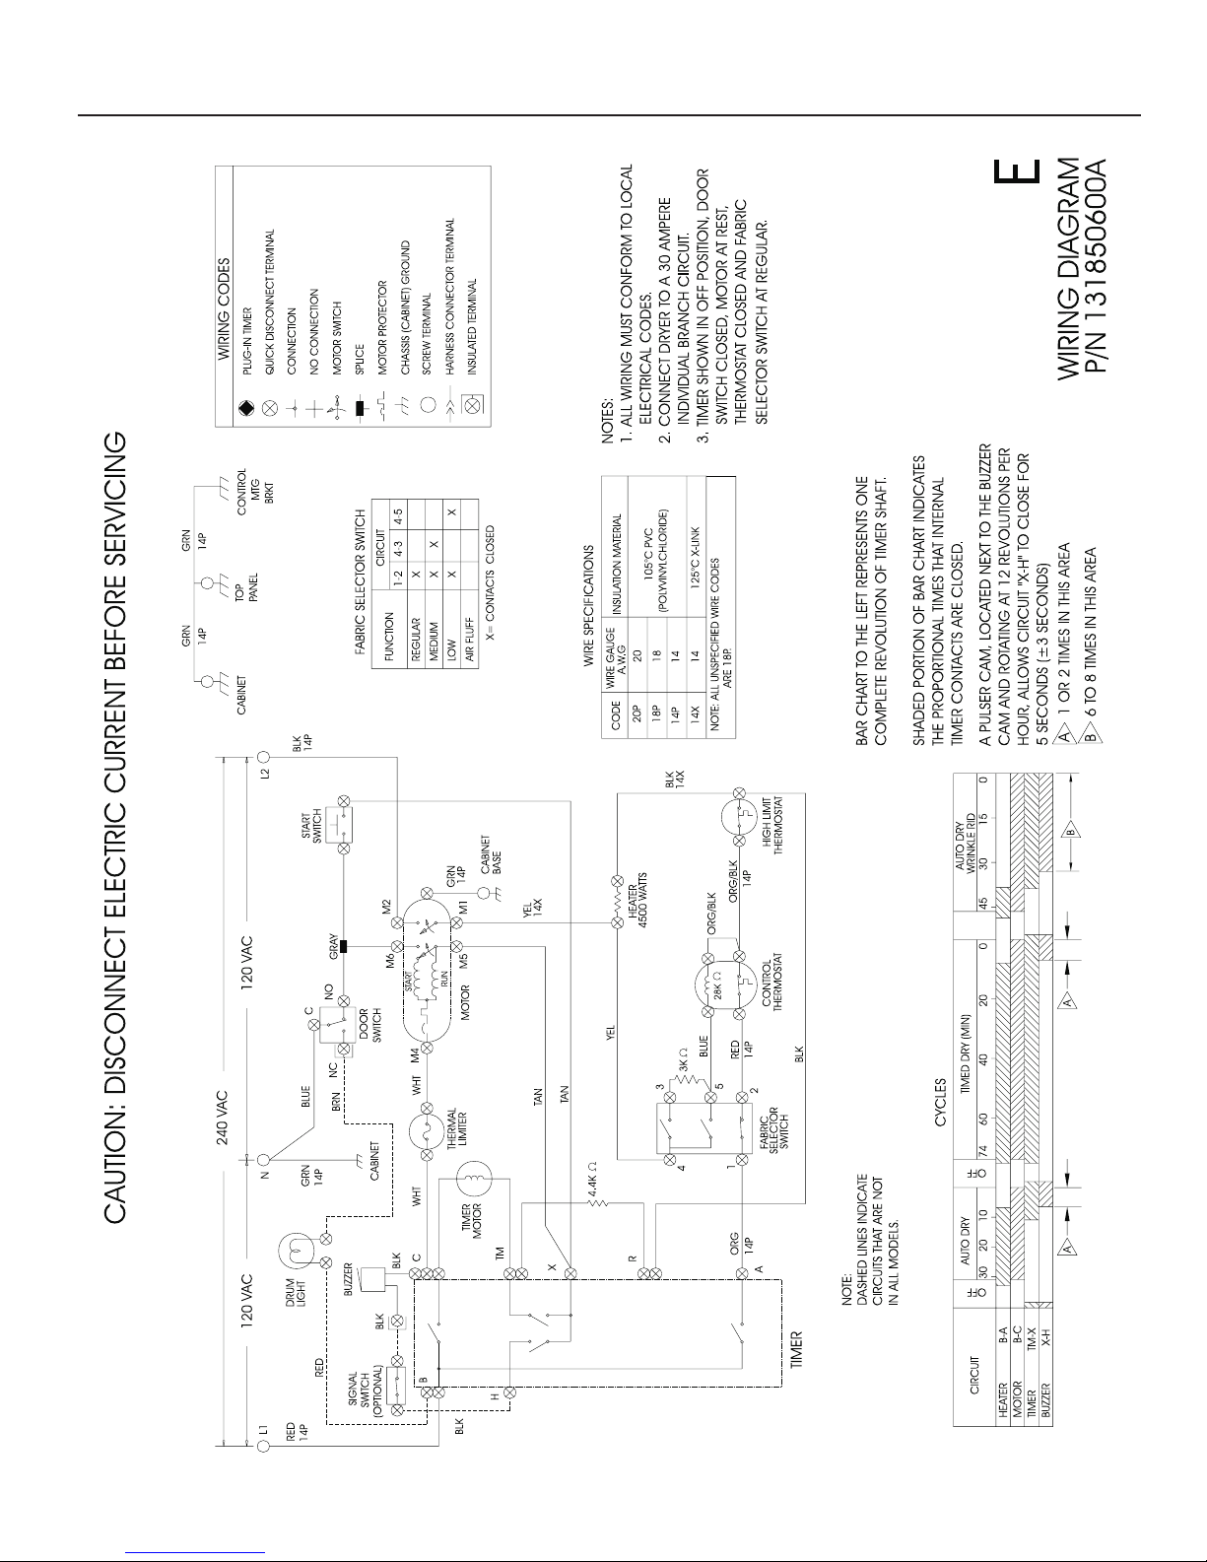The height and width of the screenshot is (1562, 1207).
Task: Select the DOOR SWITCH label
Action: [369, 1015]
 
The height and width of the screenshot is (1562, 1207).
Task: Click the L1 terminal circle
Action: [263, 1446]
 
